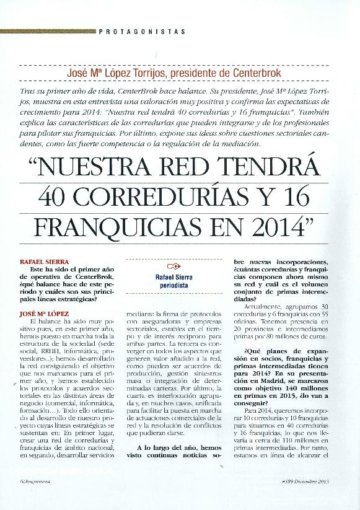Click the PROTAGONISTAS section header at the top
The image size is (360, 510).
(x=143, y=30)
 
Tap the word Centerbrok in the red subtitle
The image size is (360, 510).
(x=254, y=73)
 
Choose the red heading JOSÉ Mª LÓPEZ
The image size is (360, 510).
(x=45, y=314)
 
